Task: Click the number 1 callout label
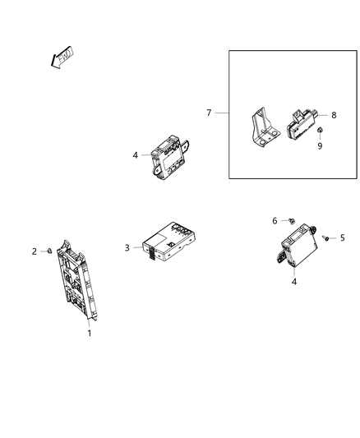coord(90,333)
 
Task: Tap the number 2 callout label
coord(35,251)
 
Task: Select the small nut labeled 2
coord(51,250)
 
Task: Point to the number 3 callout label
coord(127,247)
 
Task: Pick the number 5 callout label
coord(343,237)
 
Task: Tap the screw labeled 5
coord(326,237)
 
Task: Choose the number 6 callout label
coord(275,220)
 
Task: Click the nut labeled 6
coord(292,220)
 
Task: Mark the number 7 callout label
coord(209,112)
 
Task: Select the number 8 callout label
coord(334,116)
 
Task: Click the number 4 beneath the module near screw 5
coord(294,282)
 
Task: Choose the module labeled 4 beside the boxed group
coord(172,156)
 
